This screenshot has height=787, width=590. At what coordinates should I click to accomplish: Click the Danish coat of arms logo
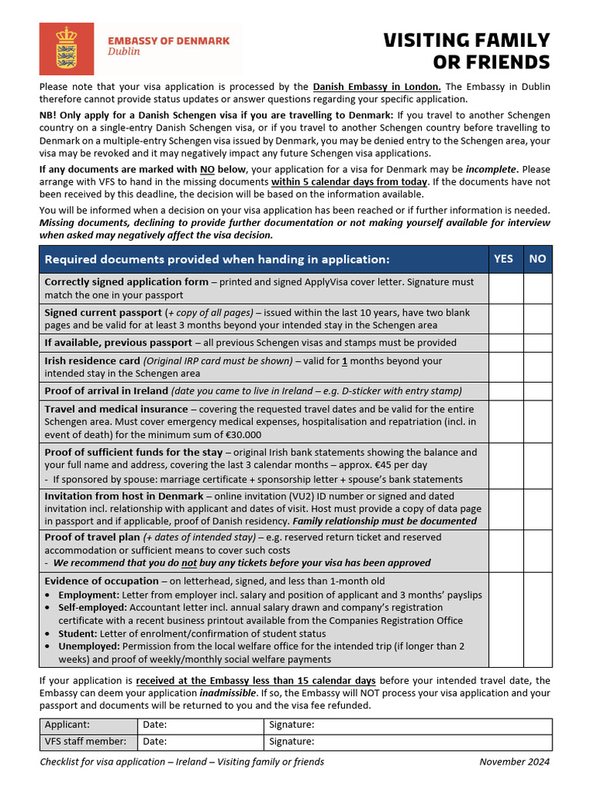[x=66, y=48]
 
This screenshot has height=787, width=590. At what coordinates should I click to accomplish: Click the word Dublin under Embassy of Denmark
[x=124, y=52]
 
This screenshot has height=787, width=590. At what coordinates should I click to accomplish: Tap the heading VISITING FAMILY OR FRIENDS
[x=466, y=51]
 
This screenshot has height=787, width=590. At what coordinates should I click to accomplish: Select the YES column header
[x=503, y=259]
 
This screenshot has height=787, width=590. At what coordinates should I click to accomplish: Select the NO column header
[x=538, y=259]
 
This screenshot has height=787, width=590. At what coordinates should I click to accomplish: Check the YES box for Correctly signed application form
[x=505, y=288]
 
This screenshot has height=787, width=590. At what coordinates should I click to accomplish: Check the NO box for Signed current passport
[x=538, y=318]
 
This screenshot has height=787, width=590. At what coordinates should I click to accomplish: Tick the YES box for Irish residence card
[x=505, y=367]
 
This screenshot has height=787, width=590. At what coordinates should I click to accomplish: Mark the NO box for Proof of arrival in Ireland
[x=538, y=390]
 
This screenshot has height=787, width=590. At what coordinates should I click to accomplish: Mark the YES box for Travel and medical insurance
[x=505, y=421]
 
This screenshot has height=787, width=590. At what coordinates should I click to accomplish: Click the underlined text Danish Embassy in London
[x=376, y=87]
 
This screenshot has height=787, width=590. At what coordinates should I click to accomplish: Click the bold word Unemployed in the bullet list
[x=89, y=646]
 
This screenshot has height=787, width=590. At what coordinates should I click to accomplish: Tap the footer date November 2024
[x=514, y=762]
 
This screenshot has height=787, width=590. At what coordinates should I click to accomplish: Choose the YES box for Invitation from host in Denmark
[x=505, y=508]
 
